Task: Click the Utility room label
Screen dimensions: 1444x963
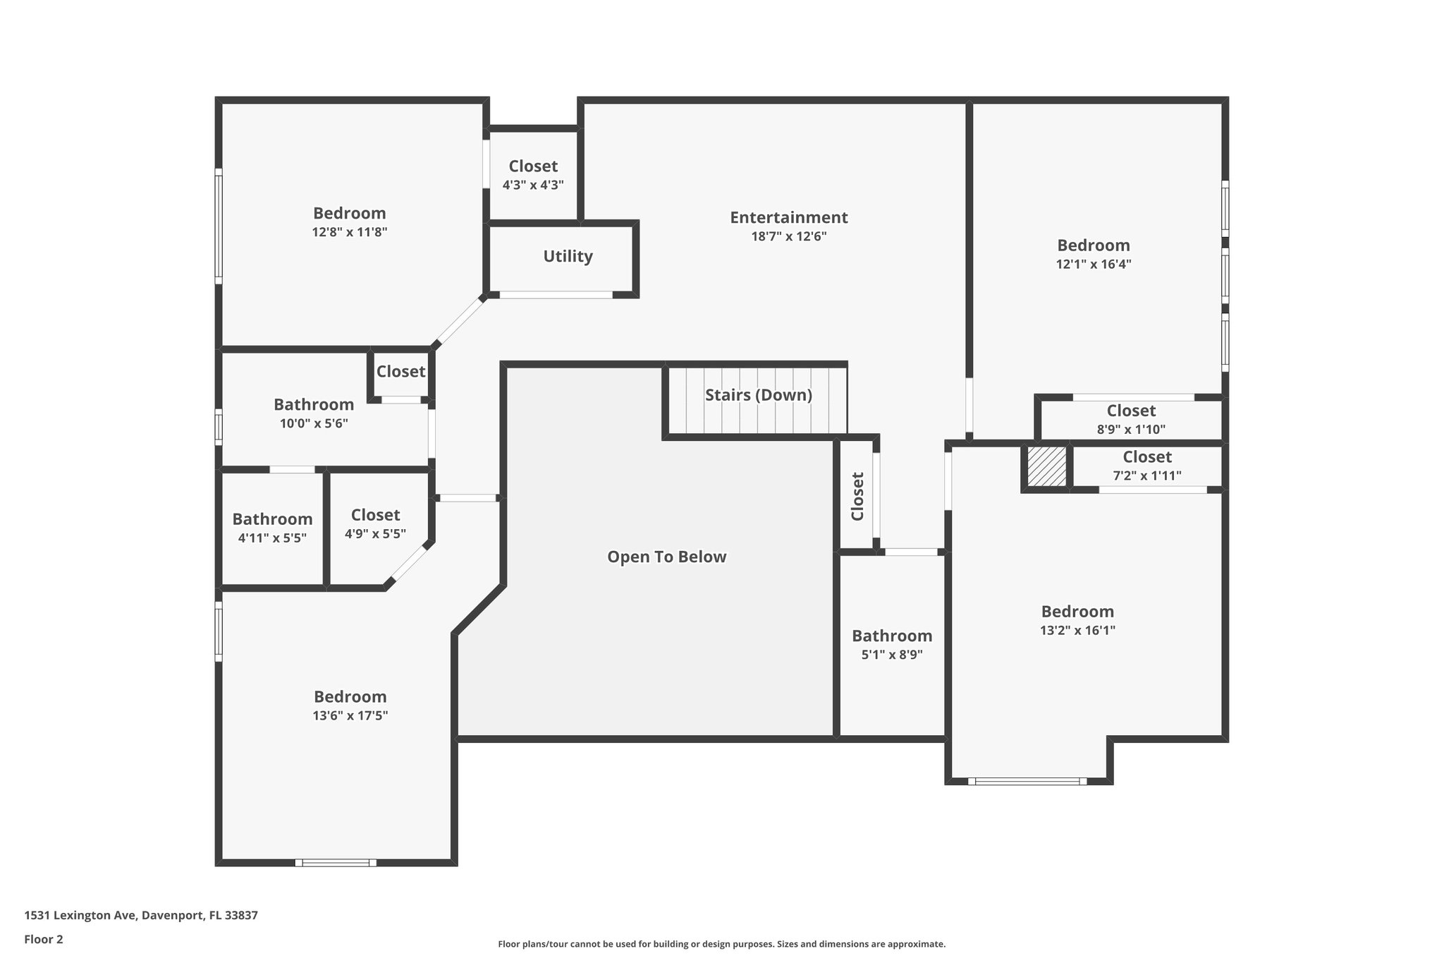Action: (568, 256)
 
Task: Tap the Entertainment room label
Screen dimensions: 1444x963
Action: (788, 217)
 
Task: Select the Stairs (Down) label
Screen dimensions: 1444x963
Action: (759, 395)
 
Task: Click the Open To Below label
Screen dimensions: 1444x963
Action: (666, 557)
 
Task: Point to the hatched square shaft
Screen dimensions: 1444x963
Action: (1046, 466)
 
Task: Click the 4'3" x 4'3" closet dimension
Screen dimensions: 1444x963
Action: (533, 185)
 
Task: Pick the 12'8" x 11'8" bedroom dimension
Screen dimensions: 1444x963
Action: (350, 231)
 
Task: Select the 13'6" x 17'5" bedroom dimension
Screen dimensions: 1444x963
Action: (350, 715)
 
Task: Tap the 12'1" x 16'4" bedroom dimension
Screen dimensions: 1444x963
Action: (1094, 264)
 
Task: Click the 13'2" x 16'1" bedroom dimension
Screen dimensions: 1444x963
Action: (1077, 630)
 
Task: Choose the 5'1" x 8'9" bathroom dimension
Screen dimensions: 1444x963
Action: (892, 654)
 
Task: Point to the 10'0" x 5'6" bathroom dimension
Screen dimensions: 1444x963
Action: (314, 423)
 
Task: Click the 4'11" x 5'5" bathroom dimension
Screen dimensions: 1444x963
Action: (272, 538)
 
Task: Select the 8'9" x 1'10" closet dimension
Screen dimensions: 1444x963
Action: (1131, 429)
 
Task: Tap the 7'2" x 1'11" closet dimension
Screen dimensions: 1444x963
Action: (1147, 476)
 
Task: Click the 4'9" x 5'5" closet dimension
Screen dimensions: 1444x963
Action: (375, 533)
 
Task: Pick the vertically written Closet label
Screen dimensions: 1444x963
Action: (857, 497)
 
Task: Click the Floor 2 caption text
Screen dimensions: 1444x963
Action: (44, 939)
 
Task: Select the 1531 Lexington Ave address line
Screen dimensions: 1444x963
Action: (141, 915)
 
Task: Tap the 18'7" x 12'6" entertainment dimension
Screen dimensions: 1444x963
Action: (788, 236)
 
